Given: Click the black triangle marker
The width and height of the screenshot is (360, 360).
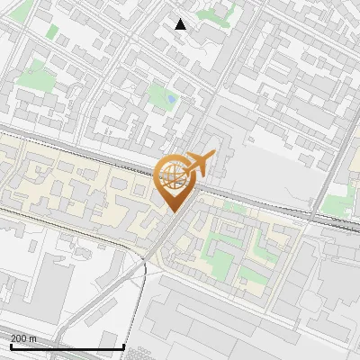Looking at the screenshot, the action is (x=181, y=24).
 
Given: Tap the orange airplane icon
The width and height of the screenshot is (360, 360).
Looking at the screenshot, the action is (x=200, y=164).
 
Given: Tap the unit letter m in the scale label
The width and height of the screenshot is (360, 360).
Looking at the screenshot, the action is (x=33, y=338).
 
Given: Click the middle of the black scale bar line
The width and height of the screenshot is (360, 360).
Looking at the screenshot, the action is (x=67, y=346).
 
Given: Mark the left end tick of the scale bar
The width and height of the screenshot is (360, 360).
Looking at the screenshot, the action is (x=11, y=345).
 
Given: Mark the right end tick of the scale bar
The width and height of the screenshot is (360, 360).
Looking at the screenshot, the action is (x=122, y=345).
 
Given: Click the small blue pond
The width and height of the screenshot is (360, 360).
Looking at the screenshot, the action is (x=170, y=97).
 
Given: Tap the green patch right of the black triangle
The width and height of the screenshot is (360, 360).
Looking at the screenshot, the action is (x=214, y=13).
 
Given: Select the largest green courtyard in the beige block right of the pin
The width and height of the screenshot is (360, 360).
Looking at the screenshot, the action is (x=220, y=264).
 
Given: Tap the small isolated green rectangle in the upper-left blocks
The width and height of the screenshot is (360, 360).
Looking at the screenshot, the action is (x=52, y=32).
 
